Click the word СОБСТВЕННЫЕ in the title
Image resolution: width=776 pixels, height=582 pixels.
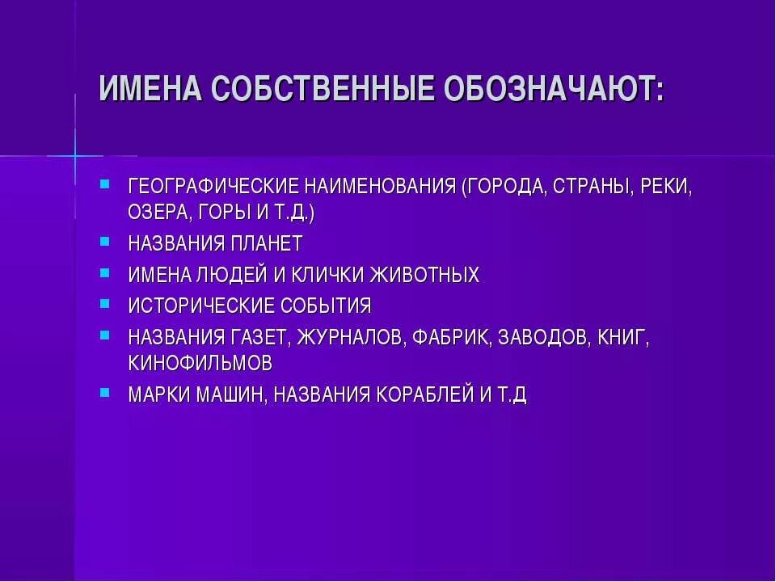coord(320,89)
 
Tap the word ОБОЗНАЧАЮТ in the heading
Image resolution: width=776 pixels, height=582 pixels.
coord(553,89)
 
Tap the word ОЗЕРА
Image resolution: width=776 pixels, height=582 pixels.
coord(158,213)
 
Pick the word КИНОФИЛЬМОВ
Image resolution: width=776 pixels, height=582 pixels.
coord(200,363)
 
